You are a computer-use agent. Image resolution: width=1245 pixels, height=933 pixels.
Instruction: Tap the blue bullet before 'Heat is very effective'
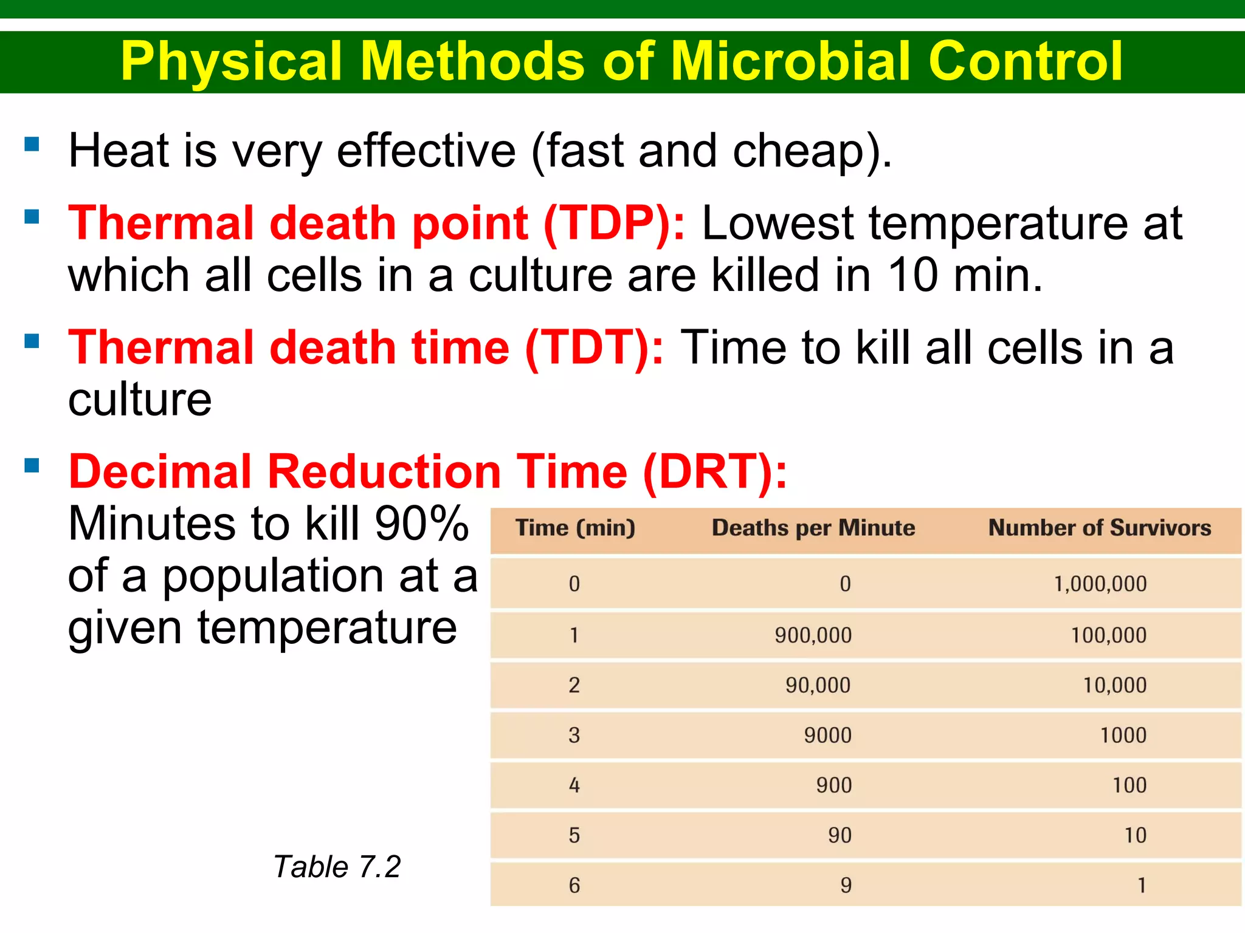(x=32, y=144)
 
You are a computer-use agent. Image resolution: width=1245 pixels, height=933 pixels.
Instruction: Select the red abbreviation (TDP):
(x=614, y=224)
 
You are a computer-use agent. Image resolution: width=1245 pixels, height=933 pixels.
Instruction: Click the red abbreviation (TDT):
(x=594, y=347)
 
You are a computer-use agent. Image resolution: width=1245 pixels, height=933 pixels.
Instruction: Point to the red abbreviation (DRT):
(x=715, y=472)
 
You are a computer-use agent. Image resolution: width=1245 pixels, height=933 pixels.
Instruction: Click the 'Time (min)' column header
(x=575, y=528)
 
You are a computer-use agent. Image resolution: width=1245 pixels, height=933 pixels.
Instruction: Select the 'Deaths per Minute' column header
(x=813, y=528)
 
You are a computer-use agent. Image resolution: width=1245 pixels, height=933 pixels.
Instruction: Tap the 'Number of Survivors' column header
(x=1099, y=528)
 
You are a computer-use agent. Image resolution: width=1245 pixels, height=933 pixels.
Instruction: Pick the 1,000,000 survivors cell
(x=1100, y=584)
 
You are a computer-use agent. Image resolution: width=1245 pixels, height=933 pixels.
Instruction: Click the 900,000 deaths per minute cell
(x=813, y=635)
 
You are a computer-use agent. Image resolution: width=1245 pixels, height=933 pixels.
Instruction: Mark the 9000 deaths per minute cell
(x=827, y=736)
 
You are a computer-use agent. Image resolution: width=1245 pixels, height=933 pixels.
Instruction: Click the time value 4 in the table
(x=574, y=785)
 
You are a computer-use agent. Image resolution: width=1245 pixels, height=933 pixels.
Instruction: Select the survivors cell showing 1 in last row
(x=1142, y=886)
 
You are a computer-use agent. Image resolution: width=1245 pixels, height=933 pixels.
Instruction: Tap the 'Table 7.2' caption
(x=337, y=867)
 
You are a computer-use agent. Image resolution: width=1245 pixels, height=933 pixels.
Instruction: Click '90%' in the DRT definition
(x=421, y=524)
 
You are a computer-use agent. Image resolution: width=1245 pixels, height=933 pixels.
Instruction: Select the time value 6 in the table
(x=574, y=886)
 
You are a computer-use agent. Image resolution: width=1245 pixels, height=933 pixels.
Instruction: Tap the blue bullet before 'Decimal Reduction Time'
(x=32, y=466)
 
